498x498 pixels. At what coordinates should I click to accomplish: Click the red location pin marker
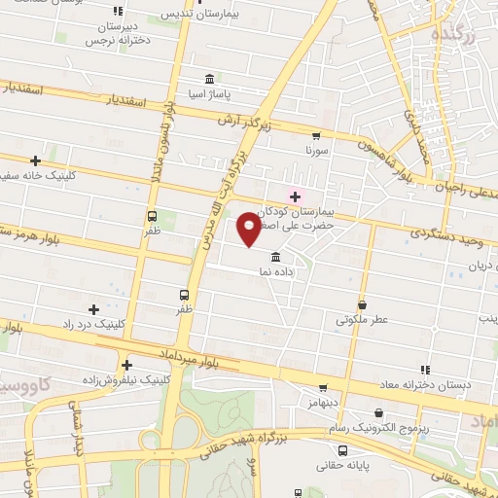250,230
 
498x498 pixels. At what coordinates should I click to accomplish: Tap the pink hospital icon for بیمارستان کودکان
295,196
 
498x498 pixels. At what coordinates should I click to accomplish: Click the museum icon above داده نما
277,258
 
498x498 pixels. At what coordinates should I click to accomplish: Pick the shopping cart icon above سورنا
315,136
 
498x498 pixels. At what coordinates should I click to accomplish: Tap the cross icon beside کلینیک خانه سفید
36,160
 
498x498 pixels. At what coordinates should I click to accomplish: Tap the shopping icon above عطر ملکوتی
362,303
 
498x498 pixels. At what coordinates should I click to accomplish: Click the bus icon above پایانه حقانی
342,450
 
